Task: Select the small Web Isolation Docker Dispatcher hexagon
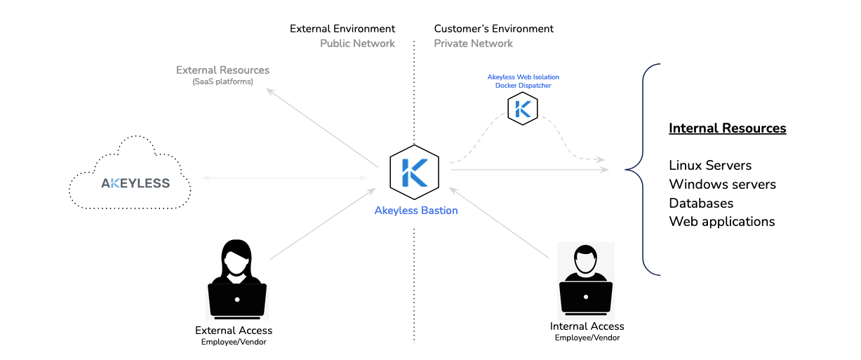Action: [523, 109]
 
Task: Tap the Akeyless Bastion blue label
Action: [416, 211]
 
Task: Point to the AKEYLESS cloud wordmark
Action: [135, 183]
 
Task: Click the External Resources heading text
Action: [222, 70]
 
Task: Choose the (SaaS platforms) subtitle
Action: [222, 82]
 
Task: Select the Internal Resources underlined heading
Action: [727, 128]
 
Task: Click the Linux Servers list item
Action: [710, 166]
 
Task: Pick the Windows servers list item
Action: [722, 185]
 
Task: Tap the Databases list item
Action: [701, 204]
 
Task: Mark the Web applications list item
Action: [721, 222]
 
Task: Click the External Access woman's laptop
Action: [236, 300]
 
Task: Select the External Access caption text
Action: [234, 331]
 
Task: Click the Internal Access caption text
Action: [587, 326]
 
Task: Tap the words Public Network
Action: [357, 44]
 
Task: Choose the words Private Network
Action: [473, 44]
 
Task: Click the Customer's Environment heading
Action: [493, 29]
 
